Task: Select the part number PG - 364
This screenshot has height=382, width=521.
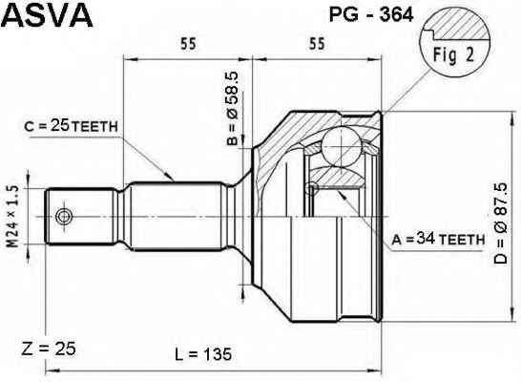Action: [371, 14]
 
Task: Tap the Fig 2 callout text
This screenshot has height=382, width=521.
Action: [453, 54]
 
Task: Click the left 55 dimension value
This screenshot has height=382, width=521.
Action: [188, 44]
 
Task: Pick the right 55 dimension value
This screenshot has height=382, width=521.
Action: [317, 44]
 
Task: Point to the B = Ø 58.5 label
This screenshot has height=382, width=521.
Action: [233, 109]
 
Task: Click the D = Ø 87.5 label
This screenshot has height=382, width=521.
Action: [501, 223]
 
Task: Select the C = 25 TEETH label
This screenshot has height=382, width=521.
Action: [71, 126]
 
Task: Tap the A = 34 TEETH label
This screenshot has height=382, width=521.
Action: [438, 239]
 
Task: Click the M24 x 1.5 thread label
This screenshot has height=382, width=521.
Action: [13, 217]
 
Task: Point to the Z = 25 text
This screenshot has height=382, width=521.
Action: [49, 349]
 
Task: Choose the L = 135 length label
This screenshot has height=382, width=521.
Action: [203, 353]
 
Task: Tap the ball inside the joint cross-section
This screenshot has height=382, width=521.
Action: [342, 146]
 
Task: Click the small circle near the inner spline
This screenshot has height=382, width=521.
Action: [311, 188]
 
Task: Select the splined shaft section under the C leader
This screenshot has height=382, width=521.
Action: [177, 216]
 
